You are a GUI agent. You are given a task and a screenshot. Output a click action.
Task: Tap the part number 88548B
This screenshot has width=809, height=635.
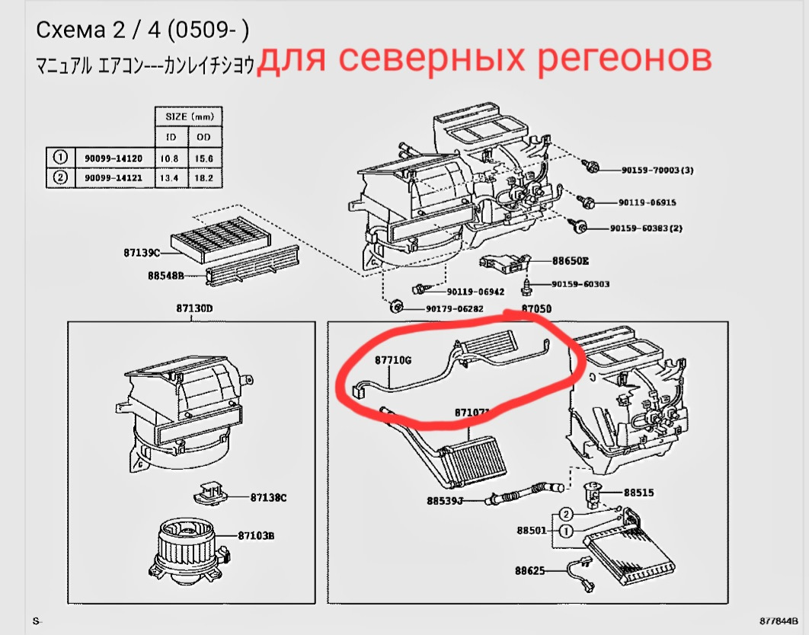coord(165,276)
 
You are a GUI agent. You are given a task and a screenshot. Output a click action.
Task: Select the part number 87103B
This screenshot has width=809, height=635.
coord(255,536)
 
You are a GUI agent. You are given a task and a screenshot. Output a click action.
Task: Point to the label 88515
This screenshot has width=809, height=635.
coord(638,493)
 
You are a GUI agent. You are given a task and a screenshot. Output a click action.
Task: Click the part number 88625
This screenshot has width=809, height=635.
coord(530,570)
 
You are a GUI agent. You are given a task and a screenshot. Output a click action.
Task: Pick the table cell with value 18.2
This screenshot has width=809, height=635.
coord(204,177)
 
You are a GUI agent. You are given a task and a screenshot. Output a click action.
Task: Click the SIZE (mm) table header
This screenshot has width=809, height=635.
coord(190,116)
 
